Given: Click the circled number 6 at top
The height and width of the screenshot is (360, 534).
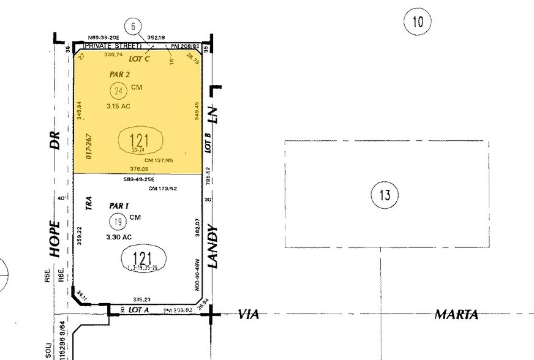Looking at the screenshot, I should point(133,26).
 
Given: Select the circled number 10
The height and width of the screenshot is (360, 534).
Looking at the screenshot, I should point(418,23).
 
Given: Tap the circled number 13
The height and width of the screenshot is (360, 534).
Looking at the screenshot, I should point(385,195).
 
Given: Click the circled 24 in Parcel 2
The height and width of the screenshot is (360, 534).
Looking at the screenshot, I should point(118,91).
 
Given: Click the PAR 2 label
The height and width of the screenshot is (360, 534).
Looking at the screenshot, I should point(119,75).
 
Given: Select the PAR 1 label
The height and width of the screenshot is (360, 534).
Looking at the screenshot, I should point(119,206).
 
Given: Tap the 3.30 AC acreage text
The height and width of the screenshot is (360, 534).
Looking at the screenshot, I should point(119,236).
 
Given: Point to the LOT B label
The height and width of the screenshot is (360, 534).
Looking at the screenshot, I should point(208,142).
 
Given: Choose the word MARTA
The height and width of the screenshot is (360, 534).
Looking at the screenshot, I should point(456,314).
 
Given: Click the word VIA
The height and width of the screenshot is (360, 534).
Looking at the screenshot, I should point(249,314).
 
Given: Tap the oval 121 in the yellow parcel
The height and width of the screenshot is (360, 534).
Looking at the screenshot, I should point(140,141).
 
